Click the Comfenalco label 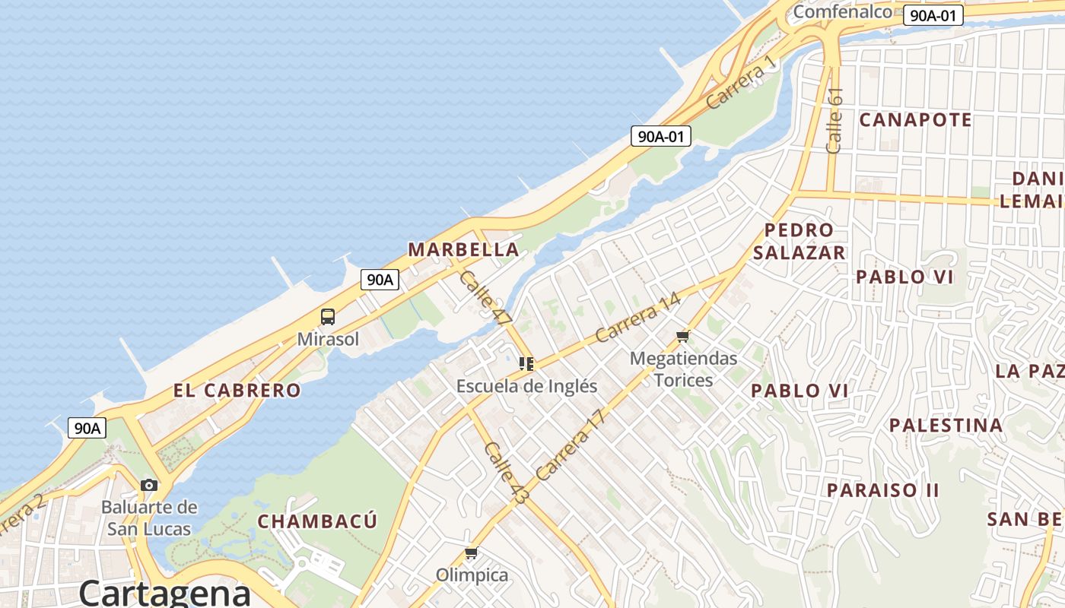[x=842, y=12]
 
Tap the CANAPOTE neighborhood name [x=915, y=120]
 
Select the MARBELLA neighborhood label [x=463, y=250]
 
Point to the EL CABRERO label [x=237, y=391]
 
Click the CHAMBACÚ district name [x=317, y=521]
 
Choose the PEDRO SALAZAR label [x=798, y=241]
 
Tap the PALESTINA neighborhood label [x=946, y=426]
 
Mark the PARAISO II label [x=883, y=490]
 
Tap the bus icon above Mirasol [x=328, y=317]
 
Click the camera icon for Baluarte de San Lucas [x=149, y=485]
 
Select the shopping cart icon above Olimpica [x=471, y=553]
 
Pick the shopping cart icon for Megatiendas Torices [x=682, y=336]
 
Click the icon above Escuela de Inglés [x=526, y=364]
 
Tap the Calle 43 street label [x=506, y=473]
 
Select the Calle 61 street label [x=835, y=120]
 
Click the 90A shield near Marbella [x=380, y=280]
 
